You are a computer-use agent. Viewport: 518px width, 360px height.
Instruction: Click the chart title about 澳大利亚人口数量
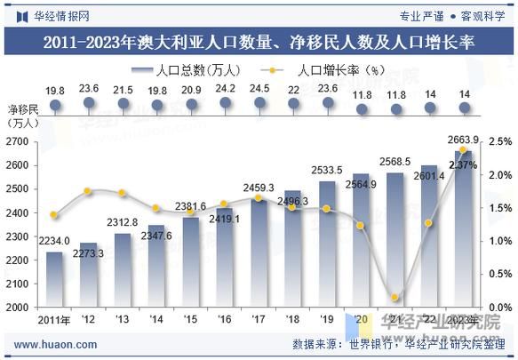coord(259,42)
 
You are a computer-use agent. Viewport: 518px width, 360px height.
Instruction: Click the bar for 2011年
coord(55,279)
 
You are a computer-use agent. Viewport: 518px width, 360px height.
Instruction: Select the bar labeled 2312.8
coord(123,270)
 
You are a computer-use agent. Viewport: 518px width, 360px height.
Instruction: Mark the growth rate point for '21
coord(394,298)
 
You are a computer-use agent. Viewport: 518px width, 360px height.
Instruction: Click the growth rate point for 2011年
coord(55,215)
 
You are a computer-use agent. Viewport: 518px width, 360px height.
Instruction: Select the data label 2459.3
coord(259,188)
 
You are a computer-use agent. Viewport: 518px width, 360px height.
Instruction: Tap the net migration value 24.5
coord(259,89)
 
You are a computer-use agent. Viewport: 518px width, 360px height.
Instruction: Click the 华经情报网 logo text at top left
coord(60,15)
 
